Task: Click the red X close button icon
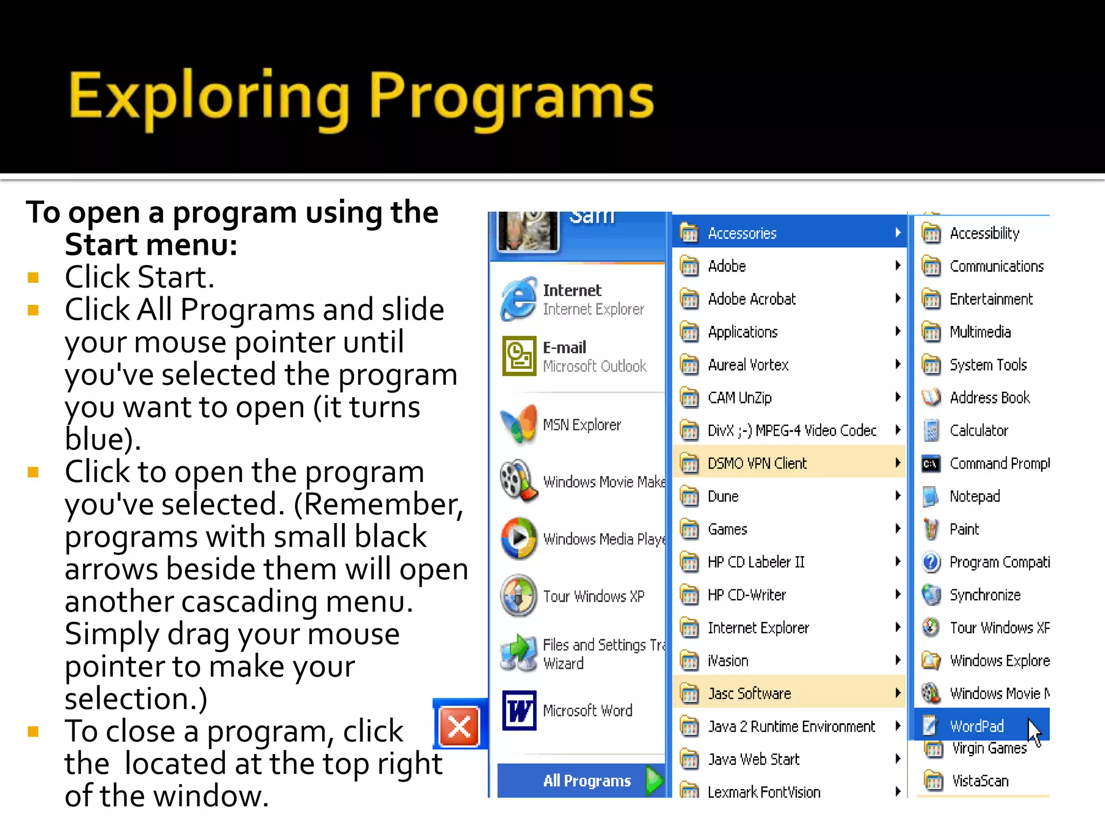pos(459,726)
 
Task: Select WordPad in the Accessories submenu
pos(976,726)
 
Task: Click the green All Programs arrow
pos(654,780)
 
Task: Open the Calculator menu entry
pos(978,431)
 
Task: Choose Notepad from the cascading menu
pos(974,497)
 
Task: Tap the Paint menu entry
pos(964,529)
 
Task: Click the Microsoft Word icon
pos(519,710)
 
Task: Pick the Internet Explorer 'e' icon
pos(519,299)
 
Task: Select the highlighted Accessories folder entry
pos(742,233)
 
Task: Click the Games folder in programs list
pos(727,529)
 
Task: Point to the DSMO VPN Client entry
pos(756,464)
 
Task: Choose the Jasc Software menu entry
pos(749,694)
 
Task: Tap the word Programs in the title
pos(511,97)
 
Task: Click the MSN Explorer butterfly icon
pos(519,425)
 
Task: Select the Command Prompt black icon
pos(931,464)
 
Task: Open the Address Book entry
pos(989,398)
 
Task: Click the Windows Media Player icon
pos(519,538)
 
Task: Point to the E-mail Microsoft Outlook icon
pos(519,356)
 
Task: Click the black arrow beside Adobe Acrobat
pos(898,298)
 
